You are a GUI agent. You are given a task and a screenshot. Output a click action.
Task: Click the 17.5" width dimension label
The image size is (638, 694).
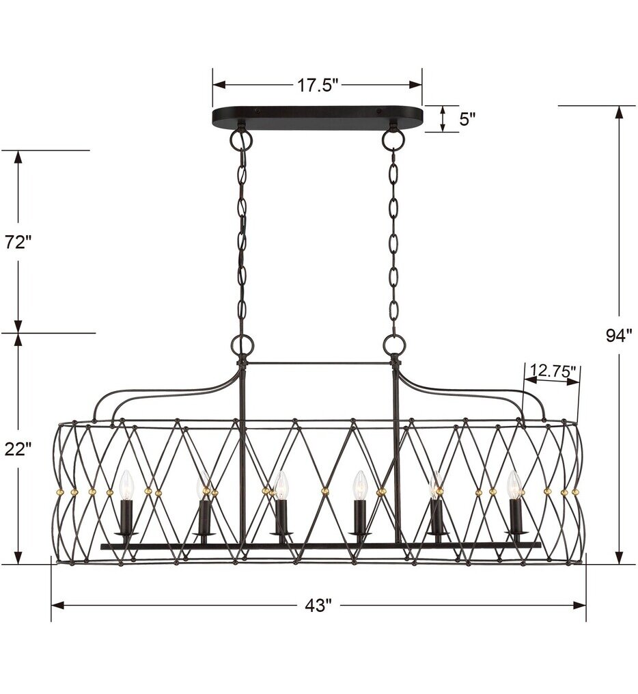click(x=318, y=85)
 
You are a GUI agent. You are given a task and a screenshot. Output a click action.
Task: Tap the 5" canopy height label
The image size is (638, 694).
click(x=467, y=119)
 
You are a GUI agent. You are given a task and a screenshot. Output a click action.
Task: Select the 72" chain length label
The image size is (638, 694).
click(x=18, y=242)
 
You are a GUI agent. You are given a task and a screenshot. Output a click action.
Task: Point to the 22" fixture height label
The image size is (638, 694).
click(x=18, y=449)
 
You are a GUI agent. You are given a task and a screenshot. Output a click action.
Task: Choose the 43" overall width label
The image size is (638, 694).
click(x=318, y=605)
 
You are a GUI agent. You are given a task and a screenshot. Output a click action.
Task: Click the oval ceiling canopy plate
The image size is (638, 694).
click(x=318, y=118)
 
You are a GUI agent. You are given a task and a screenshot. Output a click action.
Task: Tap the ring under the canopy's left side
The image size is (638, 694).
click(x=241, y=139)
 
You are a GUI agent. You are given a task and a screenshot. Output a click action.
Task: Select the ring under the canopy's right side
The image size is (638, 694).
click(x=393, y=139)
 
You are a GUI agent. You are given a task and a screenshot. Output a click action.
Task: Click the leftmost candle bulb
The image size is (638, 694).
click(x=125, y=485)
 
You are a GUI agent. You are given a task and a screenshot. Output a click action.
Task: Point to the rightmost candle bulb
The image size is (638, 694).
click(x=514, y=485)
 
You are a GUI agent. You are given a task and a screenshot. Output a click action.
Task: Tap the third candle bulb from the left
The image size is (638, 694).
click(x=281, y=485)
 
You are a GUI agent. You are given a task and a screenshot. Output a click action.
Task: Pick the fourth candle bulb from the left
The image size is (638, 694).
click(x=359, y=485)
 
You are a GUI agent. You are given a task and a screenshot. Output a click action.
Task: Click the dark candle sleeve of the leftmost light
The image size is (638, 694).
click(x=126, y=516)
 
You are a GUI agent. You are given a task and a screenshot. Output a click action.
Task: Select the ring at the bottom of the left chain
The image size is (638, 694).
click(x=241, y=344)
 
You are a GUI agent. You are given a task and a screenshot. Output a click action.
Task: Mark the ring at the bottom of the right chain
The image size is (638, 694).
click(x=394, y=344)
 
